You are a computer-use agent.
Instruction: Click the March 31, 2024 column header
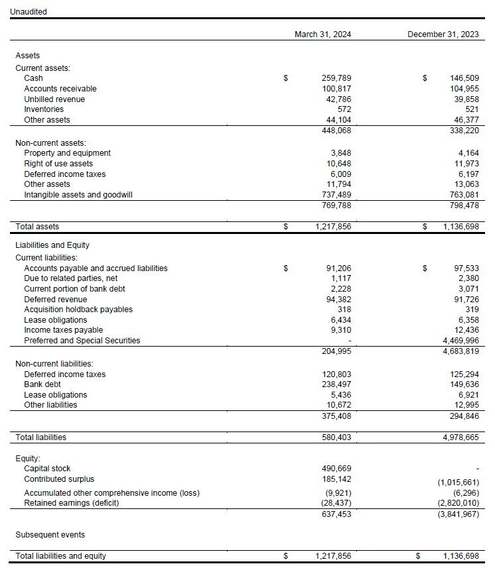322,34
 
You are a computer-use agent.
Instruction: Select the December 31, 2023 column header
443,34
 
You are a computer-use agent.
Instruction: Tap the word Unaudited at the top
29,12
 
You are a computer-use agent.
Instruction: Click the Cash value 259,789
336,78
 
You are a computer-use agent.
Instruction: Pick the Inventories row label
44,109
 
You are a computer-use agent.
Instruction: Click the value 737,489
336,195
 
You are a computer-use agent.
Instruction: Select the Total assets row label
37,227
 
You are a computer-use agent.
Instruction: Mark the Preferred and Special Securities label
82,341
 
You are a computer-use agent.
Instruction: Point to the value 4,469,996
460,341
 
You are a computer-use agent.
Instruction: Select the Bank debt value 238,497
336,384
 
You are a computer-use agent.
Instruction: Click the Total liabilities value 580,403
336,437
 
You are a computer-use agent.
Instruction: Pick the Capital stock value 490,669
336,469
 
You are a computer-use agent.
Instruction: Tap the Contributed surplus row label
59,479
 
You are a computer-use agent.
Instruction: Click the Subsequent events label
50,535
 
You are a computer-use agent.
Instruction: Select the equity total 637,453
336,514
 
